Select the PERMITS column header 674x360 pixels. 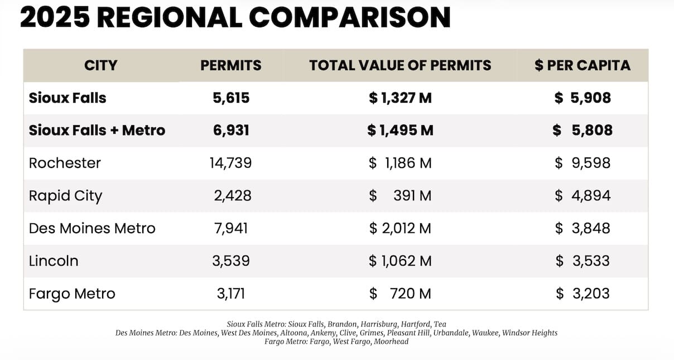click(x=231, y=65)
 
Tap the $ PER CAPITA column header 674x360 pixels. click(x=582, y=65)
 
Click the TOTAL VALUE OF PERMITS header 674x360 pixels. click(x=400, y=65)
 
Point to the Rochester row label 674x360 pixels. click(x=65, y=163)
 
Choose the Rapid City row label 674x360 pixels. click(x=65, y=196)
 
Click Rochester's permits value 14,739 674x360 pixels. click(x=231, y=163)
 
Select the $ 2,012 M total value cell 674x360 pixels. click(x=400, y=228)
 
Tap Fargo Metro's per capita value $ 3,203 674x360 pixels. click(x=582, y=294)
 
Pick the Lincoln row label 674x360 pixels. click(x=54, y=261)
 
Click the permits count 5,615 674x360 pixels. click(x=231, y=98)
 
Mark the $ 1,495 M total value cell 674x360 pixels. click(x=400, y=131)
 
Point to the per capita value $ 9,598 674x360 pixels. click(x=582, y=163)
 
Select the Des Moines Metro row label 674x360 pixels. click(x=92, y=228)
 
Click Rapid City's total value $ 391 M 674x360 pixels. click(x=400, y=196)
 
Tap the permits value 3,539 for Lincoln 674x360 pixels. click(x=231, y=261)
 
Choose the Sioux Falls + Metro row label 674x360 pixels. click(x=97, y=131)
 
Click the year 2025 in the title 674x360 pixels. click(x=55, y=18)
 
